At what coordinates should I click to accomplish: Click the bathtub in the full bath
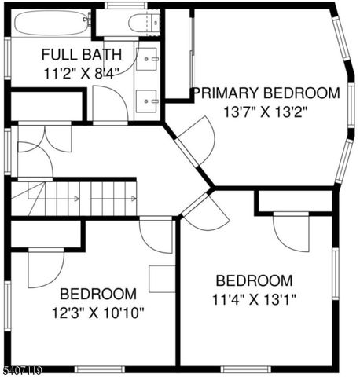[x=52, y=23]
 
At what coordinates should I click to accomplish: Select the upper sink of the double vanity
[x=149, y=59]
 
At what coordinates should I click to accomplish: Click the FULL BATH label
[x=81, y=55]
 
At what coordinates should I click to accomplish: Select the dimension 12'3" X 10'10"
[x=98, y=312]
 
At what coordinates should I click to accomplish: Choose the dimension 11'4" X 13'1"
[x=254, y=299]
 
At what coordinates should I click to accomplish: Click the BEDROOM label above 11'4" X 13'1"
[x=254, y=280]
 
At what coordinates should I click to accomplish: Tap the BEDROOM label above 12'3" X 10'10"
[x=98, y=294]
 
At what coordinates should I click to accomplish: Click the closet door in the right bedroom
[x=292, y=231]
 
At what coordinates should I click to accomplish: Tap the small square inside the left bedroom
[x=162, y=279]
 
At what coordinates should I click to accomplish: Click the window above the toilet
[x=126, y=5]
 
